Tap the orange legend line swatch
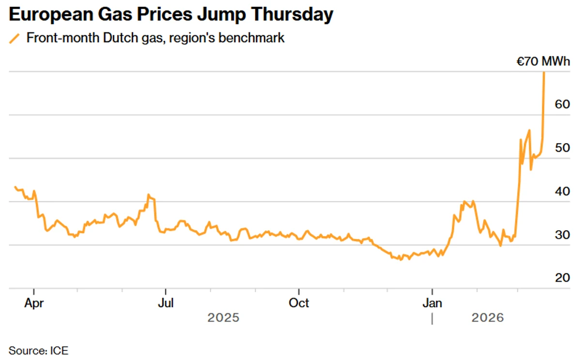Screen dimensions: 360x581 click(x=15, y=38)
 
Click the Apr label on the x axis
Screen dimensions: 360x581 click(x=34, y=303)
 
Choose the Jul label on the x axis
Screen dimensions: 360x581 click(x=166, y=303)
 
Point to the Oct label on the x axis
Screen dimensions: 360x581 click(x=299, y=303)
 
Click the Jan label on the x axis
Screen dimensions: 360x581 click(x=432, y=303)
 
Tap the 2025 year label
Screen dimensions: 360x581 click(x=223, y=318)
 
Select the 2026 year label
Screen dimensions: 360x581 click(x=488, y=318)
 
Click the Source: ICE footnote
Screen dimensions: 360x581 click(x=38, y=350)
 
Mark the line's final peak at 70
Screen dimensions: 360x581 click(x=544, y=73)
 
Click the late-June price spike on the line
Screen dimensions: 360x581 click(x=149, y=195)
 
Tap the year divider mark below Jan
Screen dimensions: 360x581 click(x=432, y=318)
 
